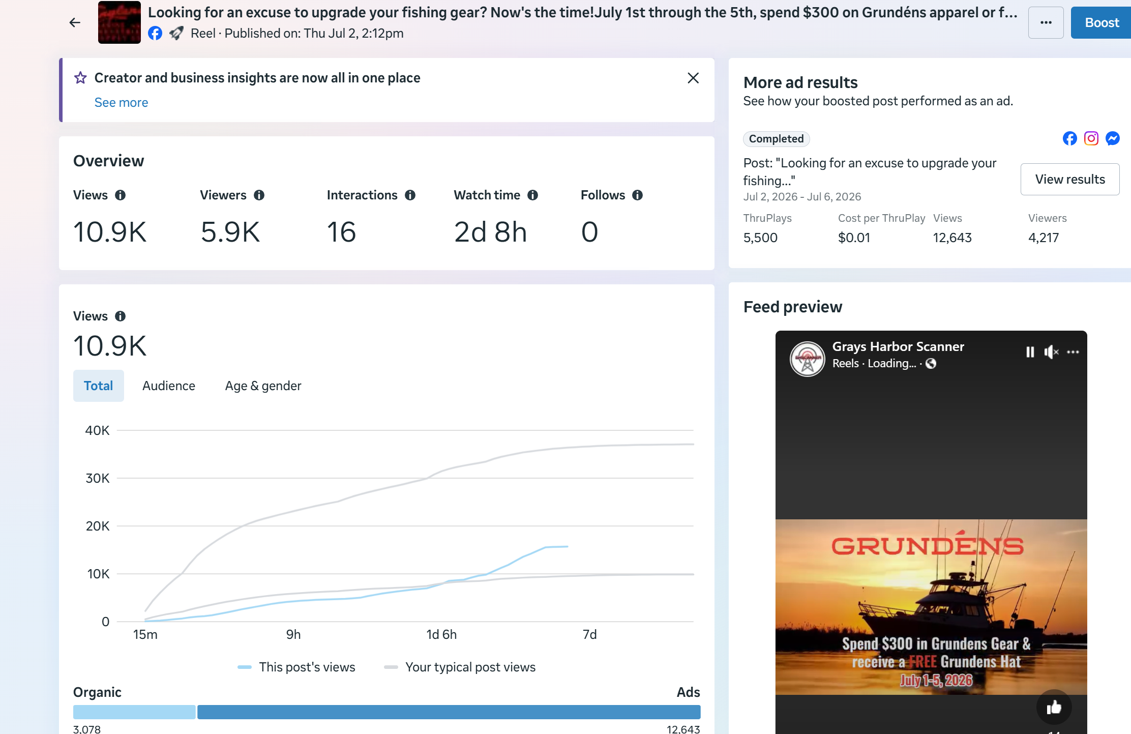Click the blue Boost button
1101,23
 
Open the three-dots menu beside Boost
1046,23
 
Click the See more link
121,102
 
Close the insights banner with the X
693,78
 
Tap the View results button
1070,179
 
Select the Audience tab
169,386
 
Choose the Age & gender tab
263,386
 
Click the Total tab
99,386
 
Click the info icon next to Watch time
532,195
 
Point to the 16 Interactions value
341,232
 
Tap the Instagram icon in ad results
1091,138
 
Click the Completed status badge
776,139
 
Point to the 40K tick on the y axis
97,430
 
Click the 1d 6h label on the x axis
441,634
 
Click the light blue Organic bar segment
134,712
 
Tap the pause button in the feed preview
1030,352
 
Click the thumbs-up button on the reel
1054,707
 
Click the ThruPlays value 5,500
760,238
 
